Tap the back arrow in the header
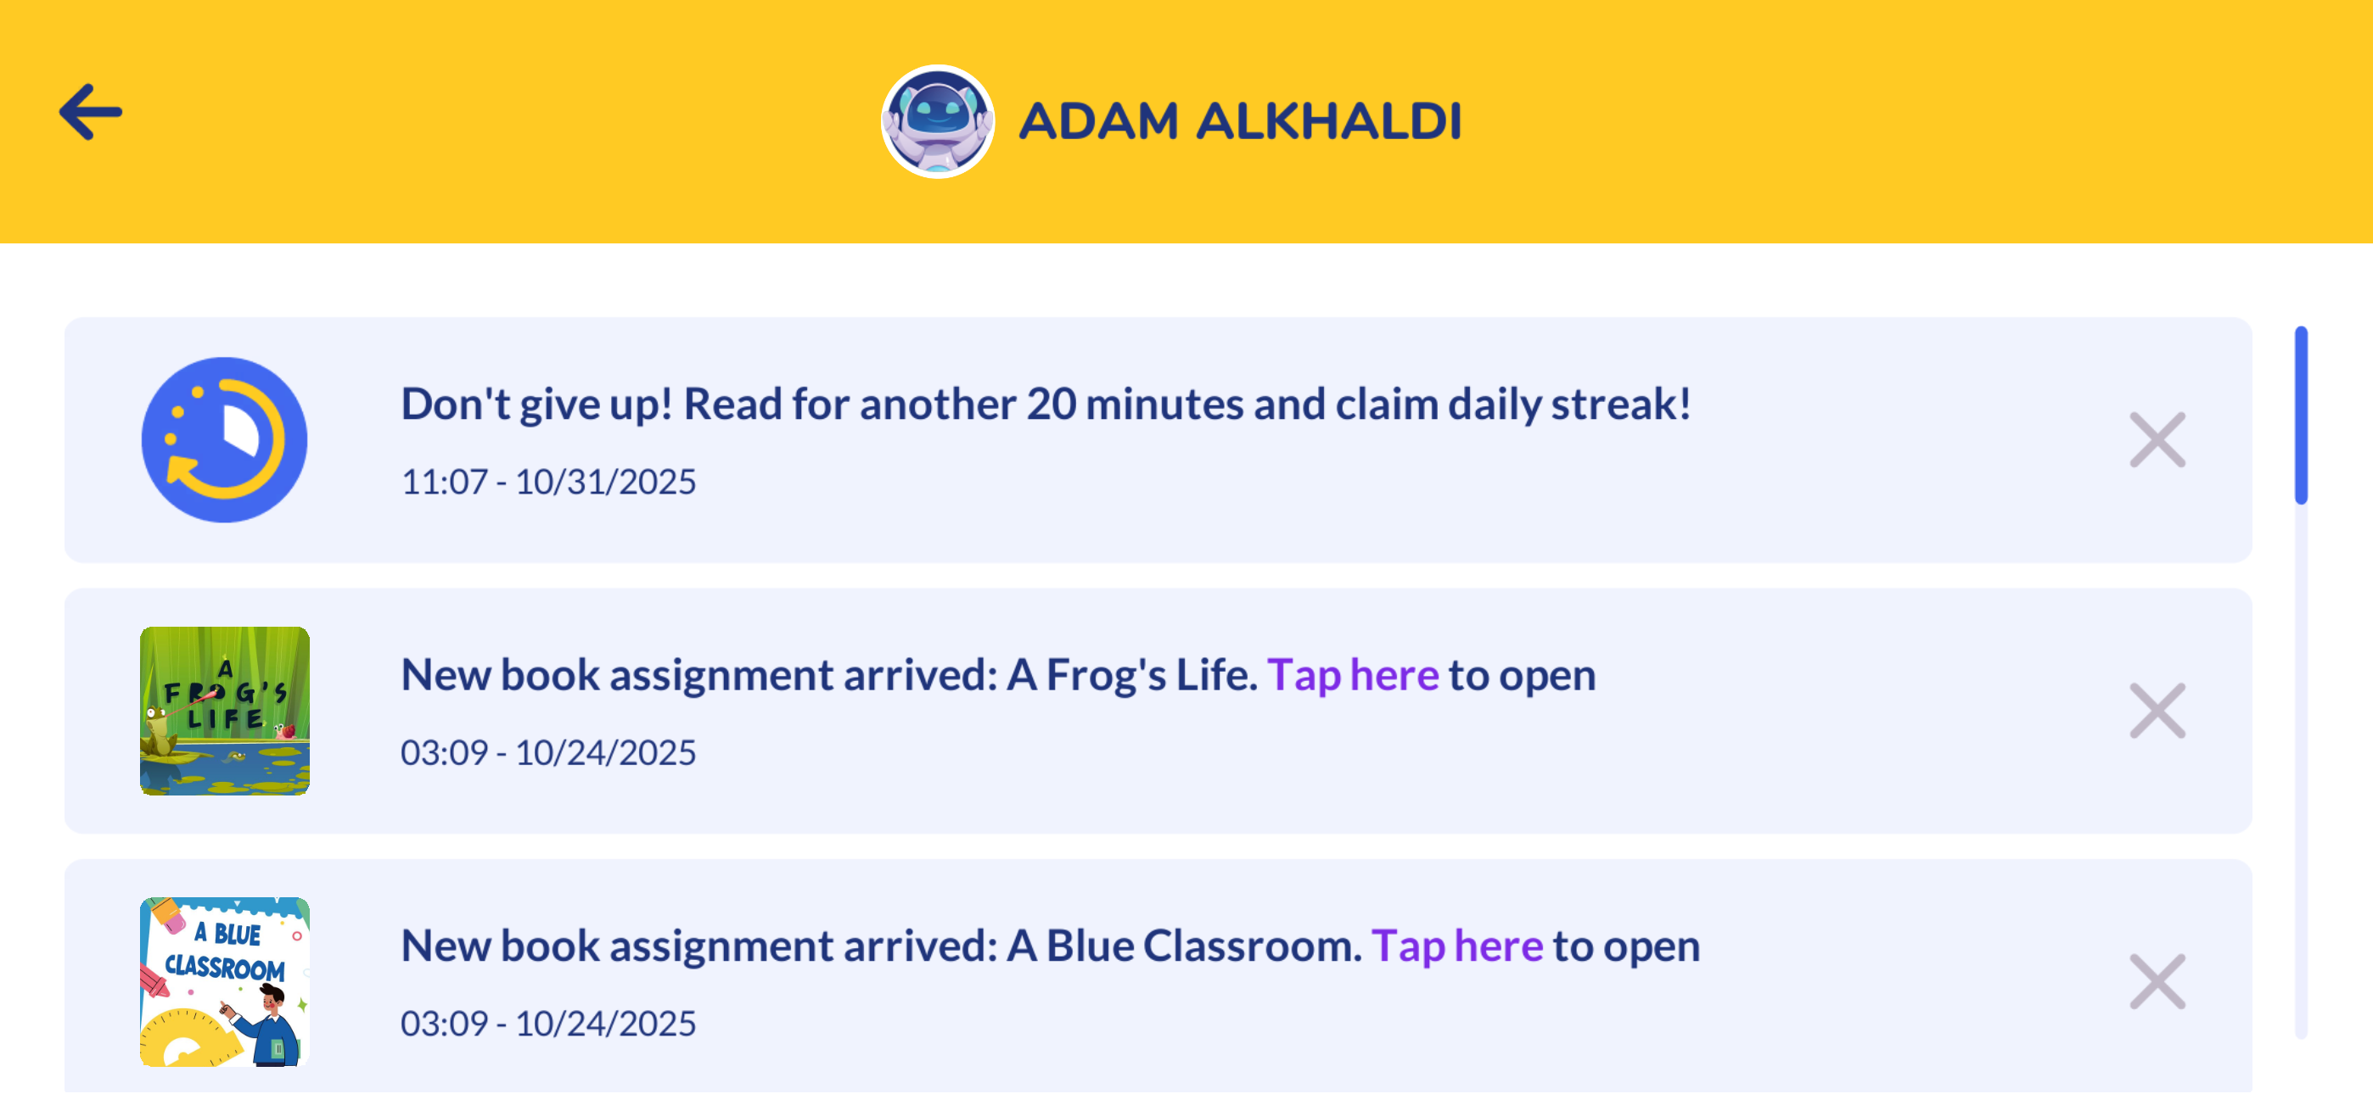[90, 112]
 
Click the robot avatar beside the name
[938, 121]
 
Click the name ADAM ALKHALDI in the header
[1240, 121]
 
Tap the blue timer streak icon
[225, 440]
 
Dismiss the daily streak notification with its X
[2157, 440]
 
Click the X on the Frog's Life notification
[2157, 711]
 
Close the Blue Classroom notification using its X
[2157, 982]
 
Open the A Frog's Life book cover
[225, 711]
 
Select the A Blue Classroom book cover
[225, 982]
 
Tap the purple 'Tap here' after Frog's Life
[1352, 676]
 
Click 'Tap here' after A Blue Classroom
[1456, 946]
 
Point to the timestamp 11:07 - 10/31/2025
[548, 482]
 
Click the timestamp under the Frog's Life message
[548, 752]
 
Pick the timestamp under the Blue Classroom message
[548, 1023]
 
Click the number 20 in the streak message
[1051, 405]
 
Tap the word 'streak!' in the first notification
[1621, 405]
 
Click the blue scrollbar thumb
[2301, 416]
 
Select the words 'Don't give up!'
[537, 405]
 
